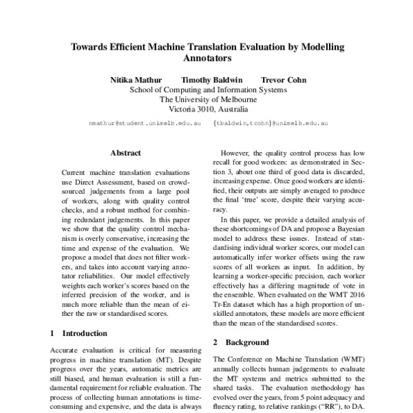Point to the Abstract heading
125,153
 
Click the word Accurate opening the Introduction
67,350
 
